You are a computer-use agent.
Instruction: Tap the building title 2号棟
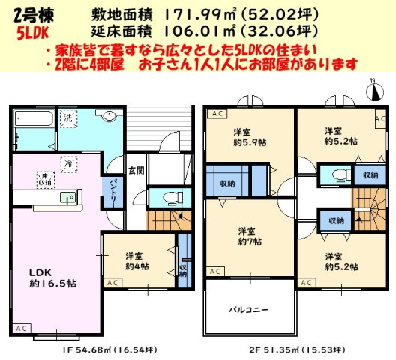coord(28,13)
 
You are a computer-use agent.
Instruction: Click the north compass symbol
coord(374,91)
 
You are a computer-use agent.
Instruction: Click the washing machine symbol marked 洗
coord(67,118)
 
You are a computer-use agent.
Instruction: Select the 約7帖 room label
coord(249,236)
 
